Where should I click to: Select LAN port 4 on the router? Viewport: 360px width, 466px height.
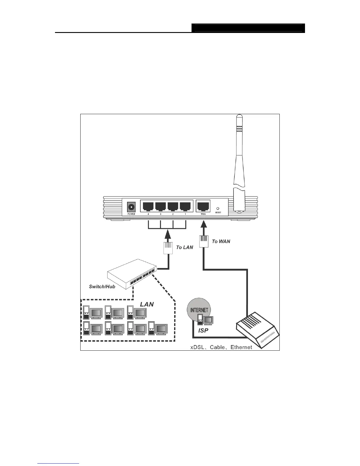tap(148, 206)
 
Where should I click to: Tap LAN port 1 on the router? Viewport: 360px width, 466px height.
tap(185, 206)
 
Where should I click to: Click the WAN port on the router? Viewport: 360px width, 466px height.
tap(203, 206)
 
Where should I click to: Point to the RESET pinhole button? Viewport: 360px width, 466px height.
tap(218, 208)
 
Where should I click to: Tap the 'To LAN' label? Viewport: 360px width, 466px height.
tap(184, 247)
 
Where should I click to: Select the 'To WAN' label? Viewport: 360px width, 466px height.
tap(221, 242)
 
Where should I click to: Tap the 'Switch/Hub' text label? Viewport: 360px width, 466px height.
tap(102, 286)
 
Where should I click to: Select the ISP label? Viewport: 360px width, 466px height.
tap(203, 331)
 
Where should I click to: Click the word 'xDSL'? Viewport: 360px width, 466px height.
tap(198, 347)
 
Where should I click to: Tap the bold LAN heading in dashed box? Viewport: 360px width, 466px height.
tap(146, 304)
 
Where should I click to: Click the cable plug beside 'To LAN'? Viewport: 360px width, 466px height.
tap(168, 249)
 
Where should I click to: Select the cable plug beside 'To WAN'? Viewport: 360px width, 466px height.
tap(203, 242)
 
